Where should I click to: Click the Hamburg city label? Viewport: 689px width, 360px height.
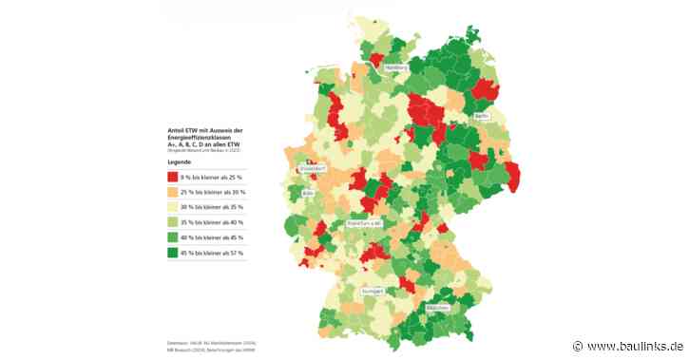point(396,68)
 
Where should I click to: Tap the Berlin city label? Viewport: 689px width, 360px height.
point(481,116)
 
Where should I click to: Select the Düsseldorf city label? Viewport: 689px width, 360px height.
point(313,168)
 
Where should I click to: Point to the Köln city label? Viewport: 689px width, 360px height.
point(308,192)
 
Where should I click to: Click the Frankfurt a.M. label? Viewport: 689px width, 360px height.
point(364,222)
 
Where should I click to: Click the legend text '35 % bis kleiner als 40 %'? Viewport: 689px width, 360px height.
point(210,223)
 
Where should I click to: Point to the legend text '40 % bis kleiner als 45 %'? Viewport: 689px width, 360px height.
point(210,238)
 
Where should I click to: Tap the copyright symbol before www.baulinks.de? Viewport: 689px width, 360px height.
point(578,348)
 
